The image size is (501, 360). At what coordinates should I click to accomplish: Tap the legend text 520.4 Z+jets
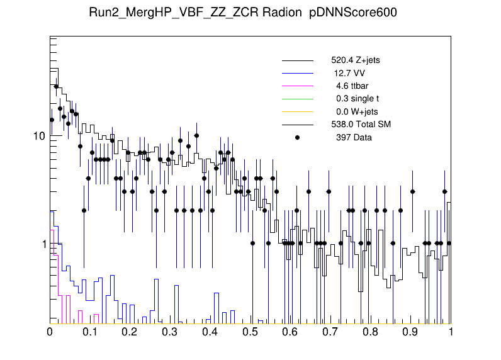pos(355,61)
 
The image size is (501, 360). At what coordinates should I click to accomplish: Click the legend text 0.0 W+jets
pos(356,111)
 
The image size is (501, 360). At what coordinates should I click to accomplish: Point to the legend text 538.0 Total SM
pos(361,125)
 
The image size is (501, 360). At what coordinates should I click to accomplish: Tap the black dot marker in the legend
pos(298,137)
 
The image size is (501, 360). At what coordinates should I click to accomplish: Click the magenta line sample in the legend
pos(298,86)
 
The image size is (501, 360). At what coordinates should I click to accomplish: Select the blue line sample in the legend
pos(298,74)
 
